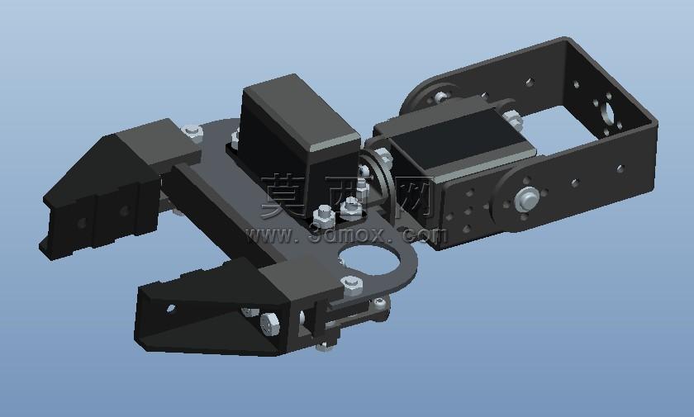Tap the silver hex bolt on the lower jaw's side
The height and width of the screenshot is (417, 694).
tap(269, 325)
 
